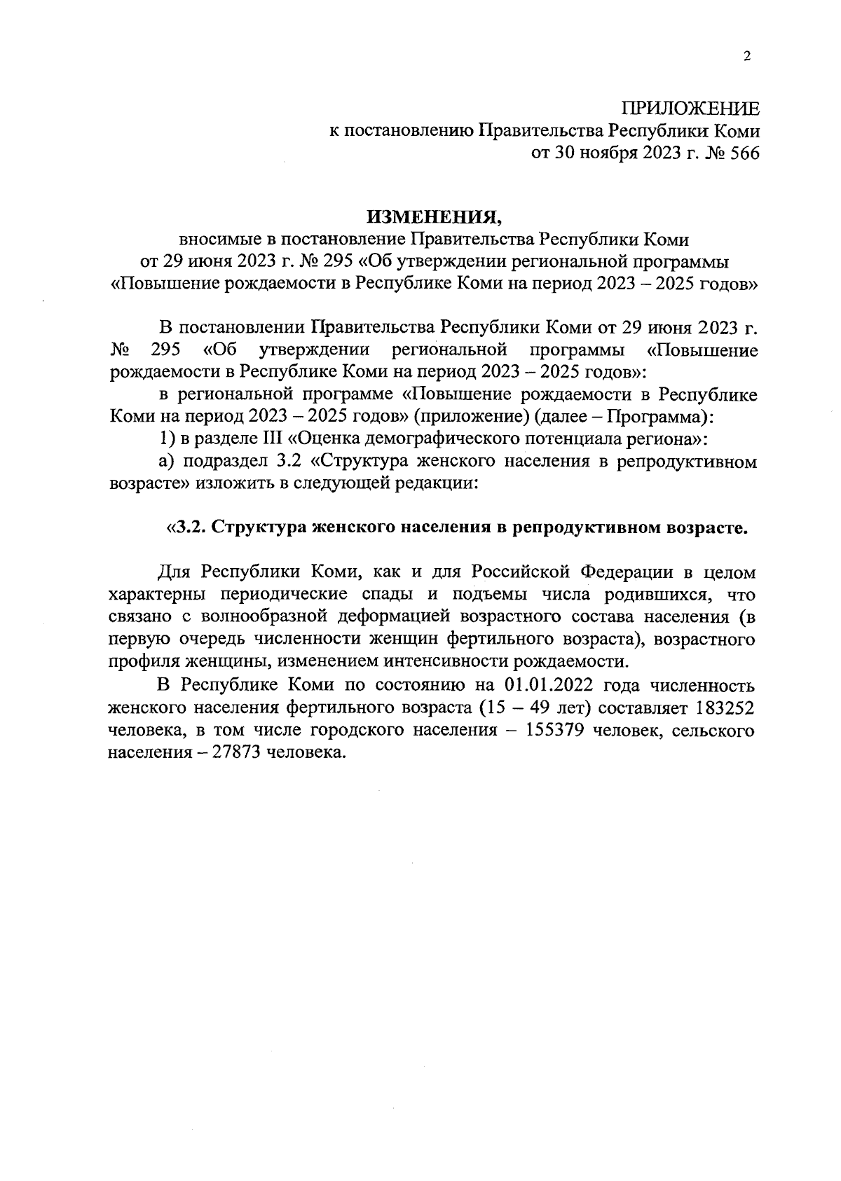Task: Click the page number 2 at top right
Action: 747,57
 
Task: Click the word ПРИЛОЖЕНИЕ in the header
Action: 690,109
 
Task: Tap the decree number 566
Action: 744,153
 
